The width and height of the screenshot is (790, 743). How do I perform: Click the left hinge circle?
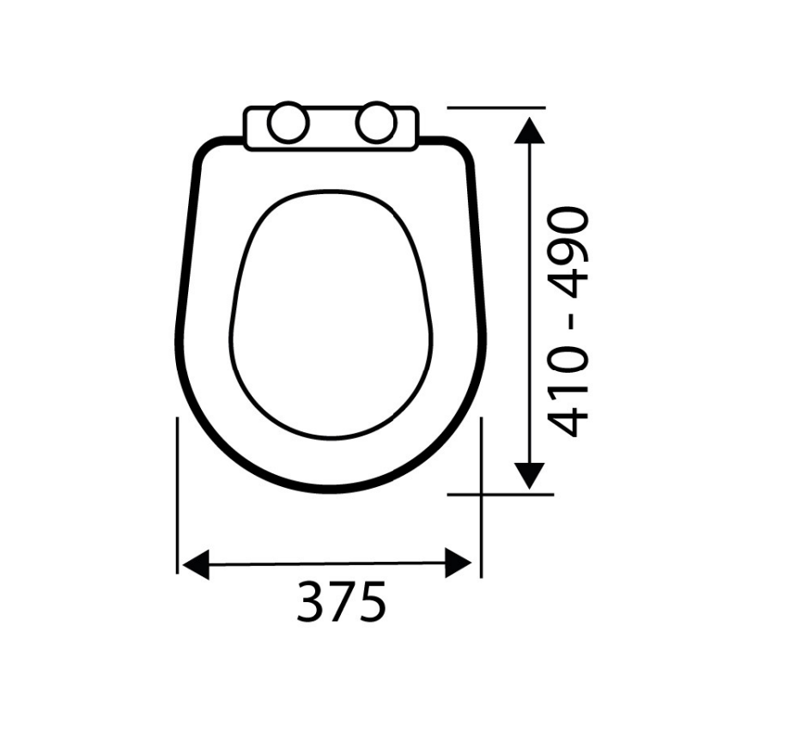(287, 124)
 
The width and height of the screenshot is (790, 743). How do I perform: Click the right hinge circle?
(376, 124)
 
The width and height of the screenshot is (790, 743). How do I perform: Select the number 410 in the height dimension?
(569, 395)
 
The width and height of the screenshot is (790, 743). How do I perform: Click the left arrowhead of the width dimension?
(196, 564)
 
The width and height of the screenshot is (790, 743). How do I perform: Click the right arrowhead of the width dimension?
(459, 564)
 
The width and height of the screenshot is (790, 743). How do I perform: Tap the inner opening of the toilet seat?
(331, 314)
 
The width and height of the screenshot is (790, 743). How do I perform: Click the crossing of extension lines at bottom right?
(480, 495)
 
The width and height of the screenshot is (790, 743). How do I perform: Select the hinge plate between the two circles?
(331, 125)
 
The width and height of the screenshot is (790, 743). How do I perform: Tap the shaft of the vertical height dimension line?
(531, 301)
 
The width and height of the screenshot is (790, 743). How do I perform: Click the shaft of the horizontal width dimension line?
(326, 564)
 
